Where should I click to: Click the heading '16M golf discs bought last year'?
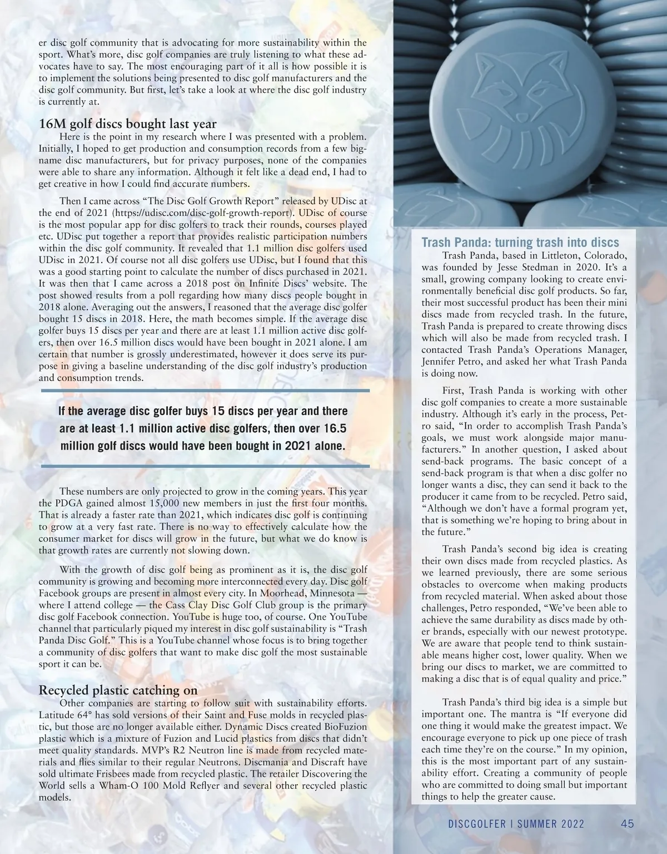coord(127,124)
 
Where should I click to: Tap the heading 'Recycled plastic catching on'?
coord(118,690)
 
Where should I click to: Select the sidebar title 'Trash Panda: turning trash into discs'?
coord(520,243)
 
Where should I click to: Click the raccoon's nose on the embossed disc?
coord(522,117)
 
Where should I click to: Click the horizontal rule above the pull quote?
coord(206,391)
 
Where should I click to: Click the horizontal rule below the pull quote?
coord(206,465)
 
